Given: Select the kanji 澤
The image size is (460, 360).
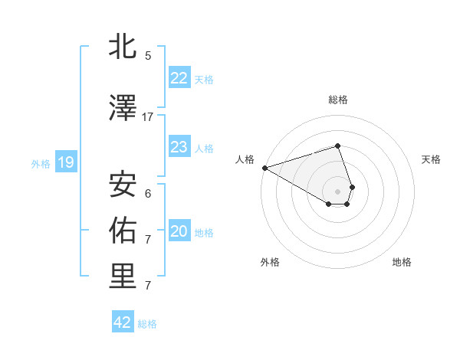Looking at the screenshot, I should pos(123,109).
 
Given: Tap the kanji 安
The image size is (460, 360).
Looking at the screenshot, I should pos(123,185).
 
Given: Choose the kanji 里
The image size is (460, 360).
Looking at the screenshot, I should pos(123,277).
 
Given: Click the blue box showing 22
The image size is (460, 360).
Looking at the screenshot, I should pos(179,78).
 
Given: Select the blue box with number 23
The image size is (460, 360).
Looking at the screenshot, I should pos(179,147).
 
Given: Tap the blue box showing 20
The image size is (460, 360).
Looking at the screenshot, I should pos(179,231).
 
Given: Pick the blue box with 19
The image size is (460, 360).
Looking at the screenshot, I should pos(65,162).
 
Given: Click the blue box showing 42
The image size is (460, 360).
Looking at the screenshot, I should pos(123,322).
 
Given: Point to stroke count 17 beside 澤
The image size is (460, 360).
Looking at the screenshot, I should pos(148,117).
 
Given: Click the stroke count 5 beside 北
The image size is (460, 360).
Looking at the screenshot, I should pos(148,56).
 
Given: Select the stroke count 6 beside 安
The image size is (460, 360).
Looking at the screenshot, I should pos(148,194).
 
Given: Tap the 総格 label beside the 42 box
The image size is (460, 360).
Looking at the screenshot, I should pos(147,324).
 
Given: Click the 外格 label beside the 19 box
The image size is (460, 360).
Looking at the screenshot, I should pos(41,163).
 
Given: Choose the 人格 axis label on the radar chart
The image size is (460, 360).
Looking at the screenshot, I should pos(245,159).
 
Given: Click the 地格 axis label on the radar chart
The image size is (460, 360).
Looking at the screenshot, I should pos(402,262).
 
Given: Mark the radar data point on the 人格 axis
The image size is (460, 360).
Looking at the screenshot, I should pos(264,167).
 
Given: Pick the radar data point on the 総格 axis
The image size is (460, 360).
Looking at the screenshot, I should pos(337,146).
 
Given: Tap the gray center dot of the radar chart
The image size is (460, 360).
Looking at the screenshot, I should pos(337,191).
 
